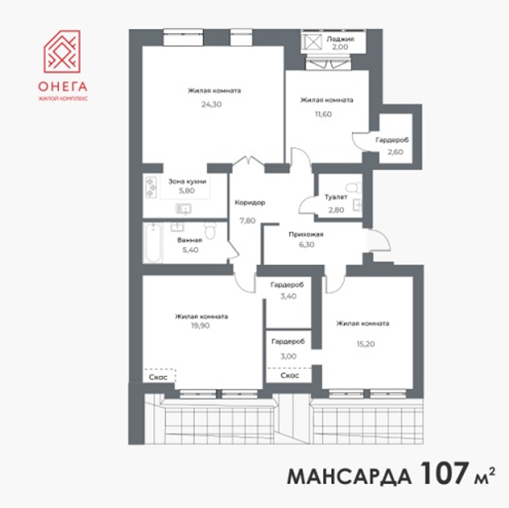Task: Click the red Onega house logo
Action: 62,52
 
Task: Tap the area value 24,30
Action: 211,104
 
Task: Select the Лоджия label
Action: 340,39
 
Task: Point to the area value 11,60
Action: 323,114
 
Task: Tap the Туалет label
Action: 336,197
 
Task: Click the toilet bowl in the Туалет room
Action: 354,187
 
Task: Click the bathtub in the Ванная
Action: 153,243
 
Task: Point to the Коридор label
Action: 250,202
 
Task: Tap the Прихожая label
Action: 306,234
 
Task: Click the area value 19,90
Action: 200,325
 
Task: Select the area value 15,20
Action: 366,344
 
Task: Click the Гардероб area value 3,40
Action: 288,296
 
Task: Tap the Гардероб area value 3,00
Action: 288,356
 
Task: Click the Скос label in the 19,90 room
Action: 158,377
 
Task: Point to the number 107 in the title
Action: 444,473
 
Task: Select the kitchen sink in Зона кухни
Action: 183,209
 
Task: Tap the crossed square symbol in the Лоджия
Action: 312,43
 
